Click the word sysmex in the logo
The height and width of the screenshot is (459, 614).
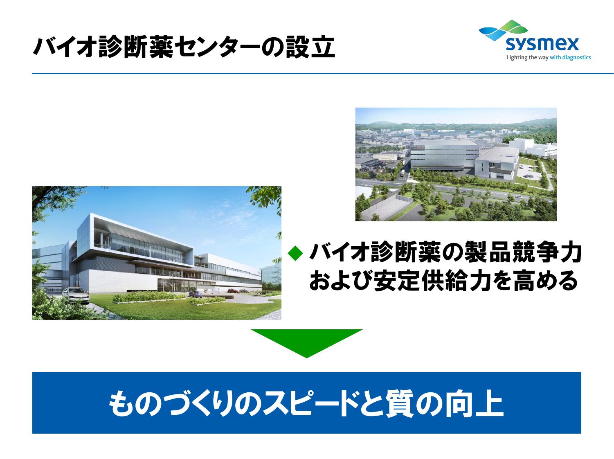542,44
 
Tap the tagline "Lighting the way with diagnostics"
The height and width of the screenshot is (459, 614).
549,58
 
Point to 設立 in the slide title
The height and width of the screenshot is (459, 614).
310,47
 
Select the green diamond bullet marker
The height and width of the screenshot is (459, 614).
295,253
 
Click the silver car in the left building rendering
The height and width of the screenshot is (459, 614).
76,295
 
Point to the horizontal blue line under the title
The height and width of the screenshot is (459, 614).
323,74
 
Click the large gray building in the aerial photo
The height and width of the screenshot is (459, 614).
444,155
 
